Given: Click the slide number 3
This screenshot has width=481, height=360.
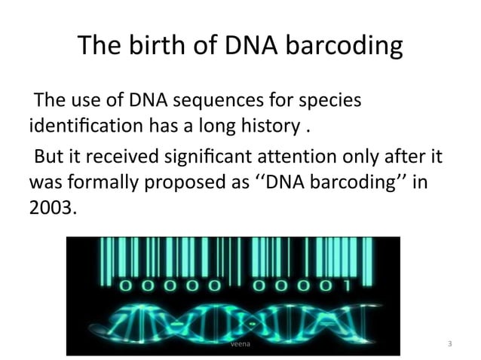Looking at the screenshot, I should tap(449, 344).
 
